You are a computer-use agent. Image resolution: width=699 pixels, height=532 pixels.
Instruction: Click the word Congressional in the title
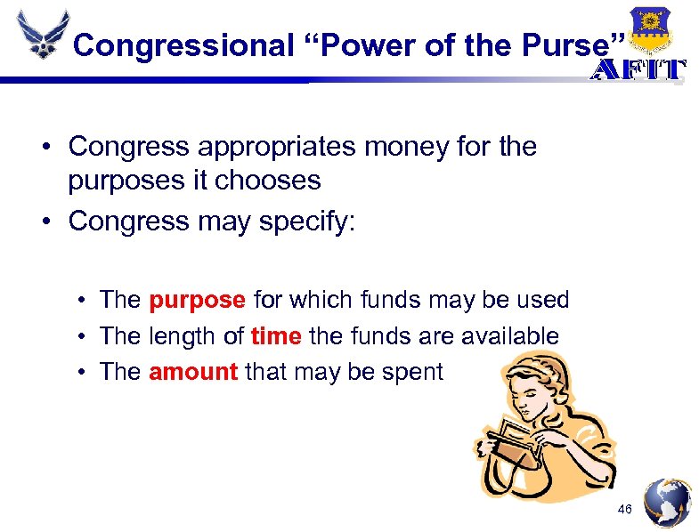[x=183, y=44]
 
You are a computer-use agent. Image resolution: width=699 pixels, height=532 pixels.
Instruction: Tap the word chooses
[x=268, y=180]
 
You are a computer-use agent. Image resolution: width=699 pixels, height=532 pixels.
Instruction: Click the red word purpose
[x=197, y=300]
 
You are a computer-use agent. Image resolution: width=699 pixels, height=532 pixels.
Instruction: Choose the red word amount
[x=193, y=371]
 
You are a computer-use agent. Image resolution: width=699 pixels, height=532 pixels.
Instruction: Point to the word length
[x=185, y=335]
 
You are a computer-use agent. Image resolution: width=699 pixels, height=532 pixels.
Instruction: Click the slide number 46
[x=624, y=509]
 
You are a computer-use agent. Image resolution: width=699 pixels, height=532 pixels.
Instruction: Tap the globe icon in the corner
[x=667, y=502]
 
